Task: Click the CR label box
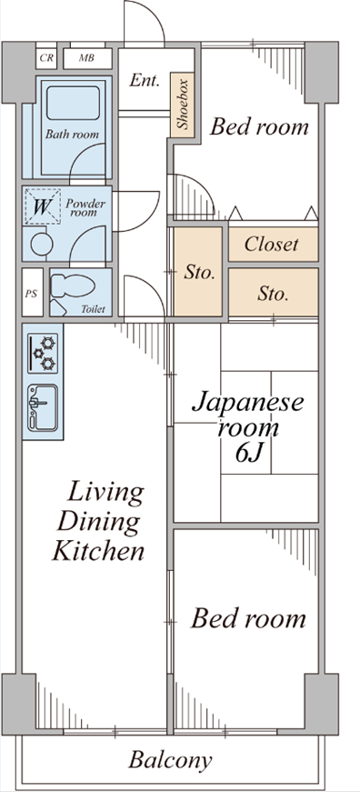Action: (x=46, y=58)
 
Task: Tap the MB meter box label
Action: (x=87, y=58)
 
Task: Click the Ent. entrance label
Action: (x=145, y=80)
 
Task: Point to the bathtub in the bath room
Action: (x=74, y=103)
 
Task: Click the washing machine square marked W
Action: (x=43, y=206)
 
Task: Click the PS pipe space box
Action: (x=32, y=293)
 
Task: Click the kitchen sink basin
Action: (x=43, y=407)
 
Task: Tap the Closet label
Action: (x=271, y=245)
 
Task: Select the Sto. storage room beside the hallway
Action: (x=198, y=272)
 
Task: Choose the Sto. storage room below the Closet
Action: (x=273, y=293)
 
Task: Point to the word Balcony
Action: (x=170, y=759)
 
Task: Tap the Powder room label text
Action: (x=85, y=207)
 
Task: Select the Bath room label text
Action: (x=72, y=135)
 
